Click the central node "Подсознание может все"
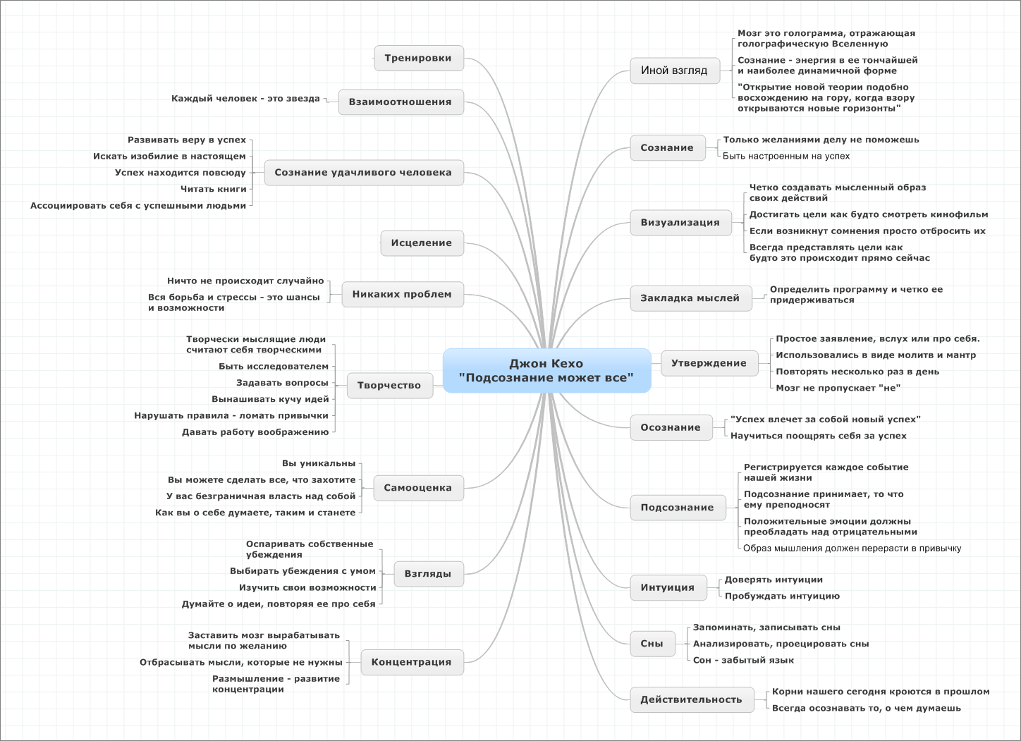[x=546, y=371]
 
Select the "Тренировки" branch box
[x=419, y=58]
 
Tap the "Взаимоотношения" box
[x=401, y=102]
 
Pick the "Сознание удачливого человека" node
[x=364, y=172]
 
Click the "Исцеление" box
[x=422, y=243]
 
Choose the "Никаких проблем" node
[x=403, y=295]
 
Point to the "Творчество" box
[x=390, y=386]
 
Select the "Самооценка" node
[x=418, y=488]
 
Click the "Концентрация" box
[x=412, y=662]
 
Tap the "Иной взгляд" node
[x=675, y=71]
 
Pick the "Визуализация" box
[x=680, y=222]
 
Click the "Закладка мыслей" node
[x=690, y=298]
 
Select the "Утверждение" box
[x=709, y=363]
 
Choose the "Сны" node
[x=652, y=644]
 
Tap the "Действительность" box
[x=692, y=699]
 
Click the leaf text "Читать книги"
[x=214, y=189]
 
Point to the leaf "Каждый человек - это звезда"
[x=245, y=99]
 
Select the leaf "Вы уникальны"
[x=319, y=463]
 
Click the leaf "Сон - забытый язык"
[x=743, y=661]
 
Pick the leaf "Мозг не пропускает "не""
[x=838, y=388]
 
